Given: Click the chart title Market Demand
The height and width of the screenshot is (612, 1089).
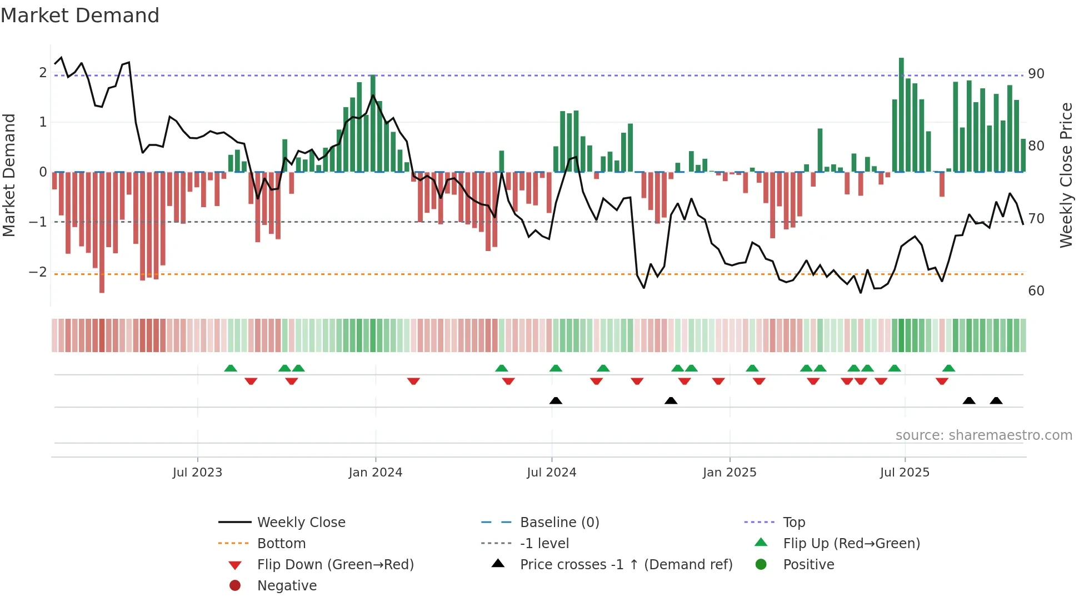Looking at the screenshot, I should click(x=80, y=16).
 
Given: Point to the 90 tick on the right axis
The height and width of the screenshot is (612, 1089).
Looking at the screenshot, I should click(x=1036, y=74).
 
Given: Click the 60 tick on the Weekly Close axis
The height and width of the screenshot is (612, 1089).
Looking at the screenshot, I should click(x=1036, y=291).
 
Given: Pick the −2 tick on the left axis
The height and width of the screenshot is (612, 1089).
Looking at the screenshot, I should click(x=38, y=272).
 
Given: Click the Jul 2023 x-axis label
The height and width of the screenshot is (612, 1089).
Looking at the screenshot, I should click(x=197, y=473).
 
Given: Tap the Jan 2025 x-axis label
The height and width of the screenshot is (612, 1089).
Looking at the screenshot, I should click(x=729, y=473).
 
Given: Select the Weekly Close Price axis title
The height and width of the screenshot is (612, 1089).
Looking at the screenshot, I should click(x=1066, y=175).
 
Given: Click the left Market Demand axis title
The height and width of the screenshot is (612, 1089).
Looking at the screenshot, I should click(x=9, y=175).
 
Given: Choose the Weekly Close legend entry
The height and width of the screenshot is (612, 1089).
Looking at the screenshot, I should click(x=301, y=523).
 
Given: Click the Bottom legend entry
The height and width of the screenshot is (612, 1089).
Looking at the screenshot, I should click(x=281, y=544).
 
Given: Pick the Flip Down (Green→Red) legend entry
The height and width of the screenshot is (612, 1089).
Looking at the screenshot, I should click(x=335, y=565).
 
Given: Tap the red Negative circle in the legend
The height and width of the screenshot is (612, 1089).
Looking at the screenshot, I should click(x=235, y=586).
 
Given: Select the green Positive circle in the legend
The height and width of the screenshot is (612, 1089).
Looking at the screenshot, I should click(x=761, y=565).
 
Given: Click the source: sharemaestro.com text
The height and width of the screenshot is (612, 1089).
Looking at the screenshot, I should click(x=983, y=435).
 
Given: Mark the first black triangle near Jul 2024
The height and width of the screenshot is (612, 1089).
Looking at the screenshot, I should click(x=556, y=400).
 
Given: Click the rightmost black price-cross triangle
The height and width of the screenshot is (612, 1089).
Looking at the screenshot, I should click(x=996, y=400).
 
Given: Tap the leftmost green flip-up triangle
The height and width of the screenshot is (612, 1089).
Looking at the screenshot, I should click(x=231, y=368).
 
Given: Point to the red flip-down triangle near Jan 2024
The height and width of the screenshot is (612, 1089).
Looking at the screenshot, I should click(x=413, y=381).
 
